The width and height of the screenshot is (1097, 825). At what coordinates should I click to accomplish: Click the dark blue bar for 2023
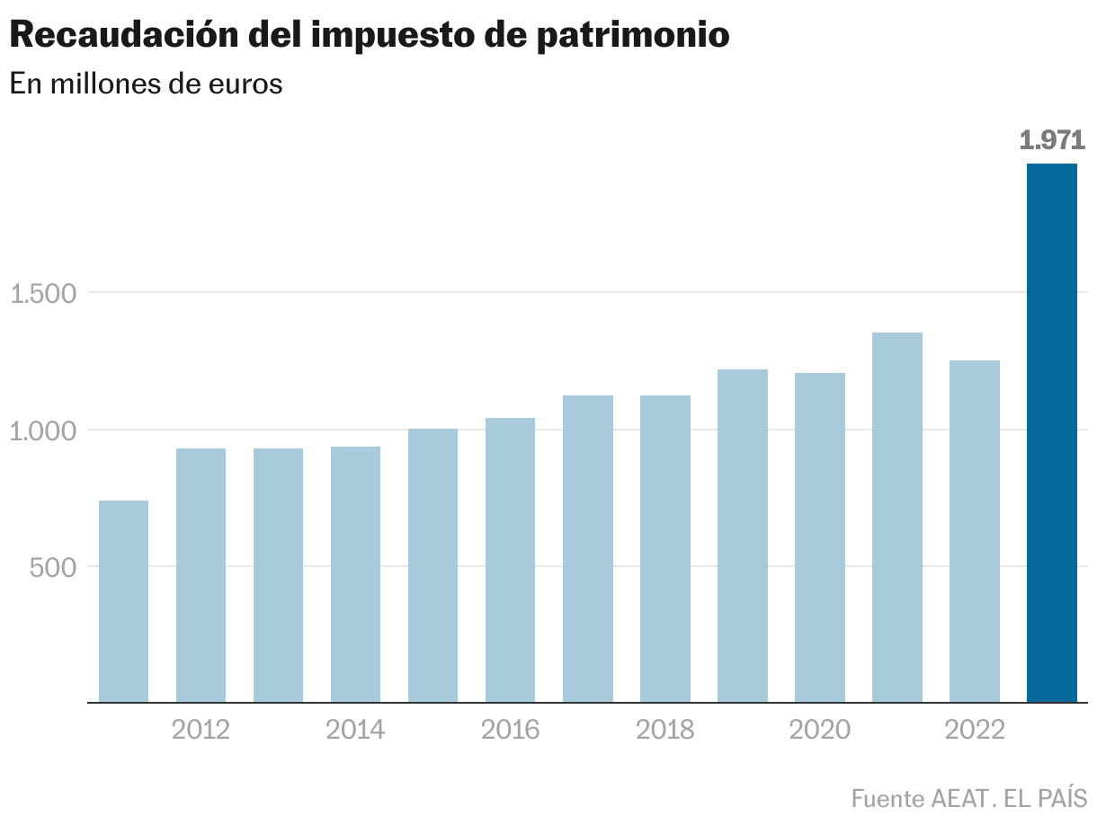point(1051,432)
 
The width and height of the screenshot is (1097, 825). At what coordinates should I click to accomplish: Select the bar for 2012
point(201,575)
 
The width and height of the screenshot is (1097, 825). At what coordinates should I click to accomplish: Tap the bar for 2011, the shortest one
point(123,601)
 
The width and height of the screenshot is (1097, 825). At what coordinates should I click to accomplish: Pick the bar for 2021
point(896,517)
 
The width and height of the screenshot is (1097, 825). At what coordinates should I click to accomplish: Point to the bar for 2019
point(742,536)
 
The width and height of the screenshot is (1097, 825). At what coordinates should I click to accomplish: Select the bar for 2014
point(355,574)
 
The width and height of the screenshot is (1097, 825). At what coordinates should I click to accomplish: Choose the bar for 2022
point(974,531)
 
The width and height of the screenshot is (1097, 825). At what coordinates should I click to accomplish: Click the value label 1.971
point(1052,140)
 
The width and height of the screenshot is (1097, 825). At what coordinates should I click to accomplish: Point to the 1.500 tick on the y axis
point(42,293)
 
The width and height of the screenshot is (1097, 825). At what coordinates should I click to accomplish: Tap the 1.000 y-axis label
point(42,430)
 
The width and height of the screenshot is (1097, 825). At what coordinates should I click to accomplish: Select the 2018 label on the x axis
point(664,730)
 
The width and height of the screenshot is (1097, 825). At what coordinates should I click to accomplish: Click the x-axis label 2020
point(819,730)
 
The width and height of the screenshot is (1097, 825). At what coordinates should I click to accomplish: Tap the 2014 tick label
point(355,730)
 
